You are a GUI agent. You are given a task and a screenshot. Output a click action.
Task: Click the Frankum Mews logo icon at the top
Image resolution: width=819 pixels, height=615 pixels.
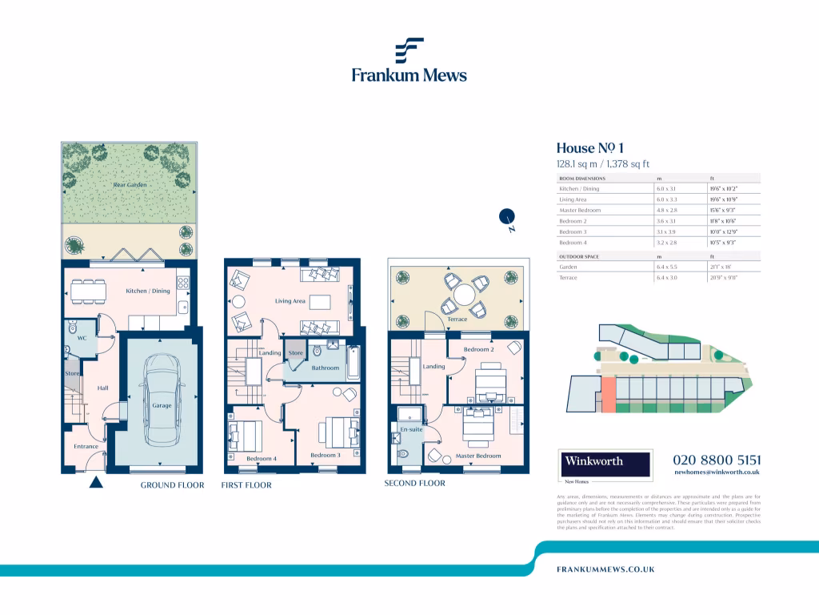[x=409, y=50]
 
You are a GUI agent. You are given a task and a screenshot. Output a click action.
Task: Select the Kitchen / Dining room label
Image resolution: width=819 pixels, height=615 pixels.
[x=148, y=291]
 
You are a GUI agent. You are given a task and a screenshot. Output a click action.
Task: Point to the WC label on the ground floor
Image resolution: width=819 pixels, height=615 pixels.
[x=81, y=339]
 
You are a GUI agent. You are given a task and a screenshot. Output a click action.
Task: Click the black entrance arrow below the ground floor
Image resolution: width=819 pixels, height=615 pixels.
[x=95, y=482]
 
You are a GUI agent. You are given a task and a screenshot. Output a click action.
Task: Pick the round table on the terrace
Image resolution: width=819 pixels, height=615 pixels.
[x=463, y=295]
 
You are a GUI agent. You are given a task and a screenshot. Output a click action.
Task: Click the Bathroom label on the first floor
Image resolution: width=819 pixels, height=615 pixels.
[x=326, y=368]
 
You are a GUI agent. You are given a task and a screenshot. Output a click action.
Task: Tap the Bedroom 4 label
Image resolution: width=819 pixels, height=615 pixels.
[x=261, y=459]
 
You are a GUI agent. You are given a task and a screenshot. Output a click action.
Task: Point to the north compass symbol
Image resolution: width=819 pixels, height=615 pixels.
[x=506, y=216]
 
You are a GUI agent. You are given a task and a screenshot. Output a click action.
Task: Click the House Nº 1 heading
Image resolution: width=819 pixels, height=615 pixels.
[x=589, y=148]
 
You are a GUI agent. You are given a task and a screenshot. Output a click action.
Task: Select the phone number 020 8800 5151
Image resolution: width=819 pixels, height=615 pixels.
[x=717, y=460]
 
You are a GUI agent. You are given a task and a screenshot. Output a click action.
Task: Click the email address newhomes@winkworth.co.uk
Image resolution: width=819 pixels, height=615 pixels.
[x=717, y=473]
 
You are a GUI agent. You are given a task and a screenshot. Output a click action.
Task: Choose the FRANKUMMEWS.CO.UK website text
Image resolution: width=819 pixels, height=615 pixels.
[x=605, y=569]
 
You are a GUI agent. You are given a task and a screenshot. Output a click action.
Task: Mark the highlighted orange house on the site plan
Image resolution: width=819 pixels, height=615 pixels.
[x=608, y=394]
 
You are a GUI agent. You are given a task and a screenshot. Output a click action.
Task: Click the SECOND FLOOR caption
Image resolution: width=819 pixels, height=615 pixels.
[x=414, y=483]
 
